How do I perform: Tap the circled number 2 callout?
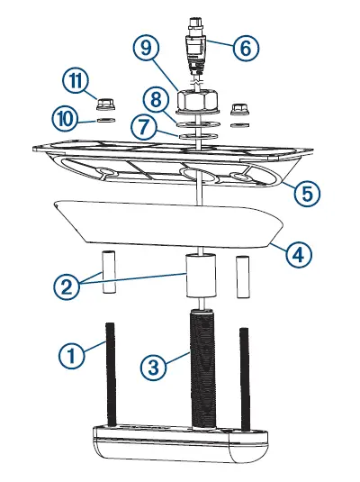[x=65, y=287]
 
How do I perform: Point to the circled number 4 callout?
[x=301, y=254]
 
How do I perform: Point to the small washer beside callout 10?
[x=104, y=118]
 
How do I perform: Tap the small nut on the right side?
[x=239, y=108]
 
